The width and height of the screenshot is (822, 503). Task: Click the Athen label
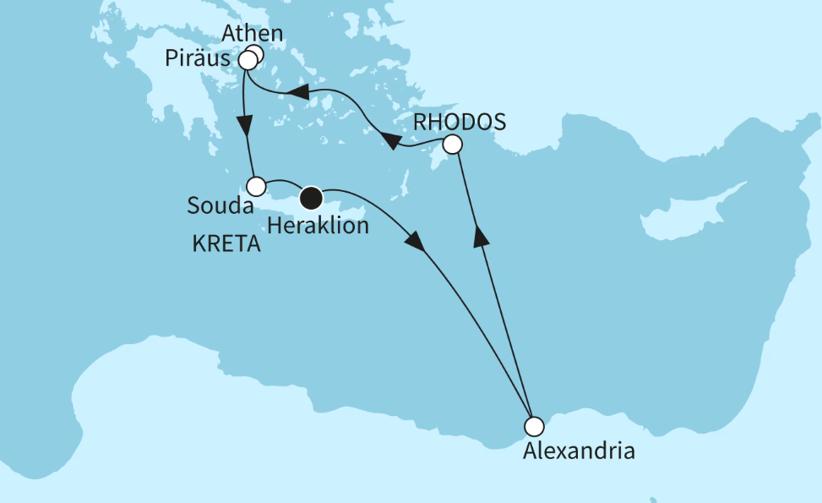[253, 36]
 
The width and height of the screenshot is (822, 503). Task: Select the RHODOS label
[459, 122]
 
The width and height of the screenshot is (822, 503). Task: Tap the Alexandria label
[579, 450]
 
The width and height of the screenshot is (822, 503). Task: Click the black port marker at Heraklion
[312, 198]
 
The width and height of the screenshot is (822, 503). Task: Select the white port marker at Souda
[256, 185]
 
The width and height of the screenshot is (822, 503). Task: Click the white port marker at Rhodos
[453, 145]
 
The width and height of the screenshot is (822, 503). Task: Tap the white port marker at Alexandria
[532, 425]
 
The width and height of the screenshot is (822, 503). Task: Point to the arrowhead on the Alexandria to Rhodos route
[481, 238]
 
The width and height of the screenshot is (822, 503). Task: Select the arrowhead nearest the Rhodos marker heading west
[391, 140]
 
